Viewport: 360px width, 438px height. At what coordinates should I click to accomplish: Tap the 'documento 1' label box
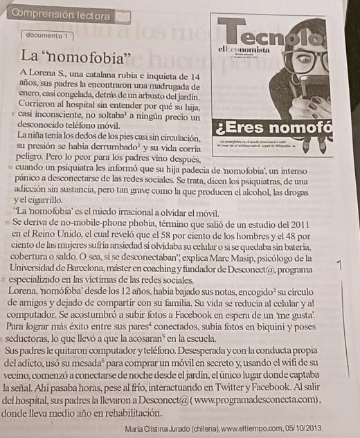pos(47,35)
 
